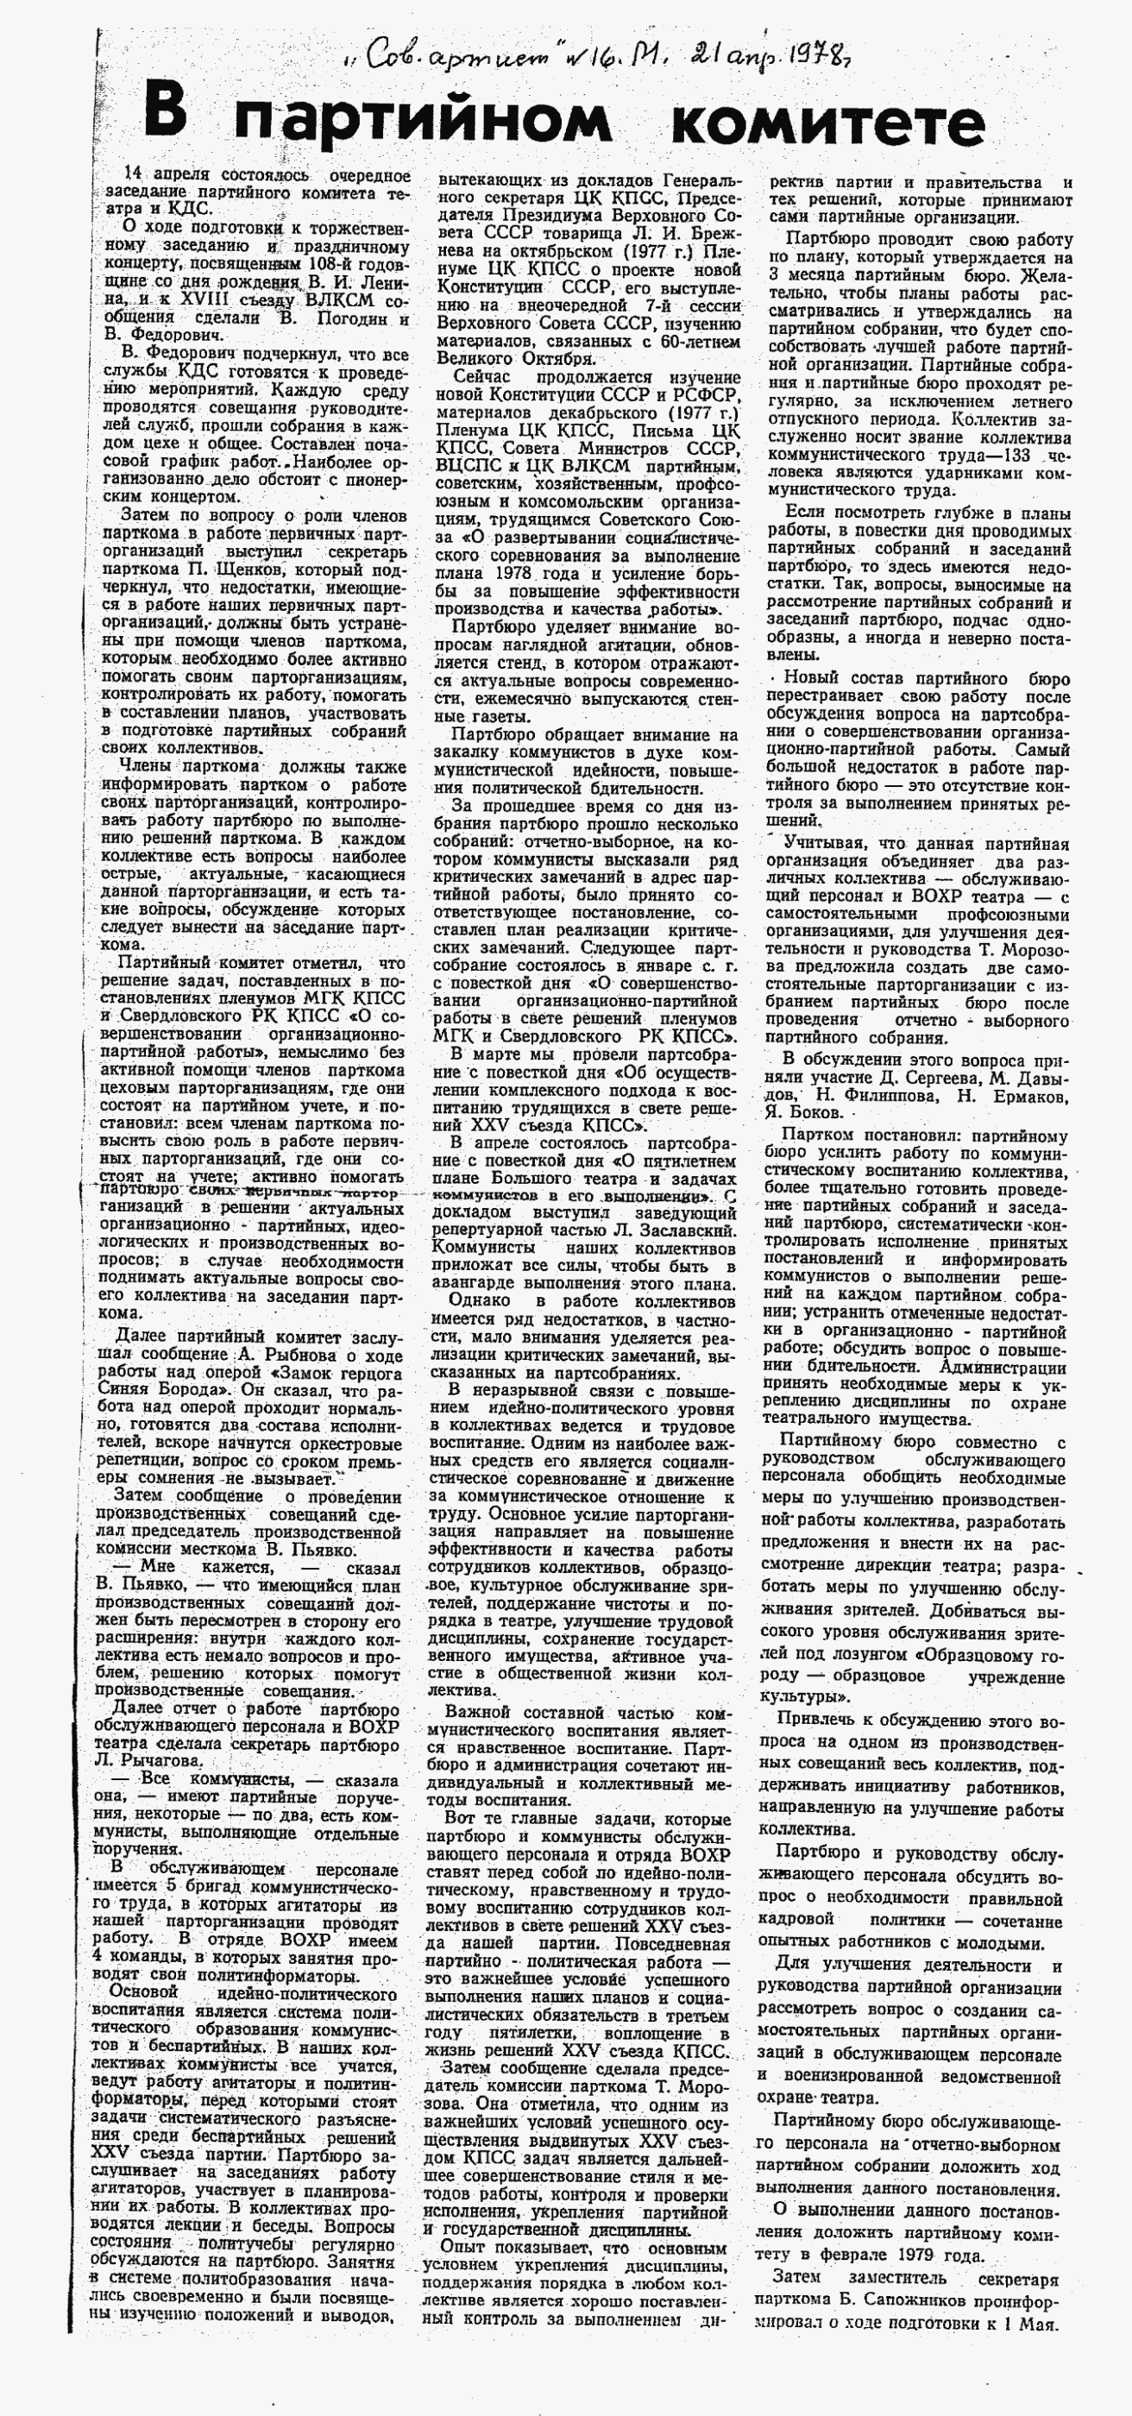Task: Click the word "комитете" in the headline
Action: click(829, 121)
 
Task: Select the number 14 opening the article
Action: click(136, 174)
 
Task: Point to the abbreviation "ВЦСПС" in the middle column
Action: click(464, 465)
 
